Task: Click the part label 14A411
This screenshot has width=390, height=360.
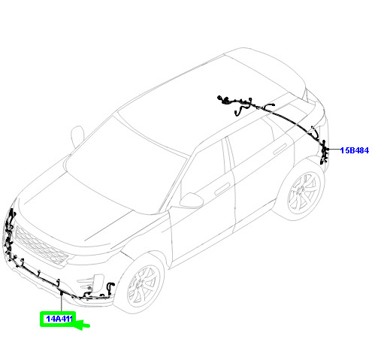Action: pos(59,319)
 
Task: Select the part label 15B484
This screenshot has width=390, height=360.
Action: pos(355,150)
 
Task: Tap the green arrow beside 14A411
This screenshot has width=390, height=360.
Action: pos(80,324)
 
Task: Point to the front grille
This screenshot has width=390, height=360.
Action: pos(41,245)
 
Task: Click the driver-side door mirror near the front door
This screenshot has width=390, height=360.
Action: pos(191,201)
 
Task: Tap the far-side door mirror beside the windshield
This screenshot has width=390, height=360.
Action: pos(77,136)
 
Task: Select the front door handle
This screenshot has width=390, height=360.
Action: pos(222,189)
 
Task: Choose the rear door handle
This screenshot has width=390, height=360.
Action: pos(280,150)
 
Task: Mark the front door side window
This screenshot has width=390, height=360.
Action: pos(203,171)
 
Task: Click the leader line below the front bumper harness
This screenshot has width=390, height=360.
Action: pos(61,304)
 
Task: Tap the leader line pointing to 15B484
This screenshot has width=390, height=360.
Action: pos(333,150)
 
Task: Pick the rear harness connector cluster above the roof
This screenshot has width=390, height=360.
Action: pos(235,103)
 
